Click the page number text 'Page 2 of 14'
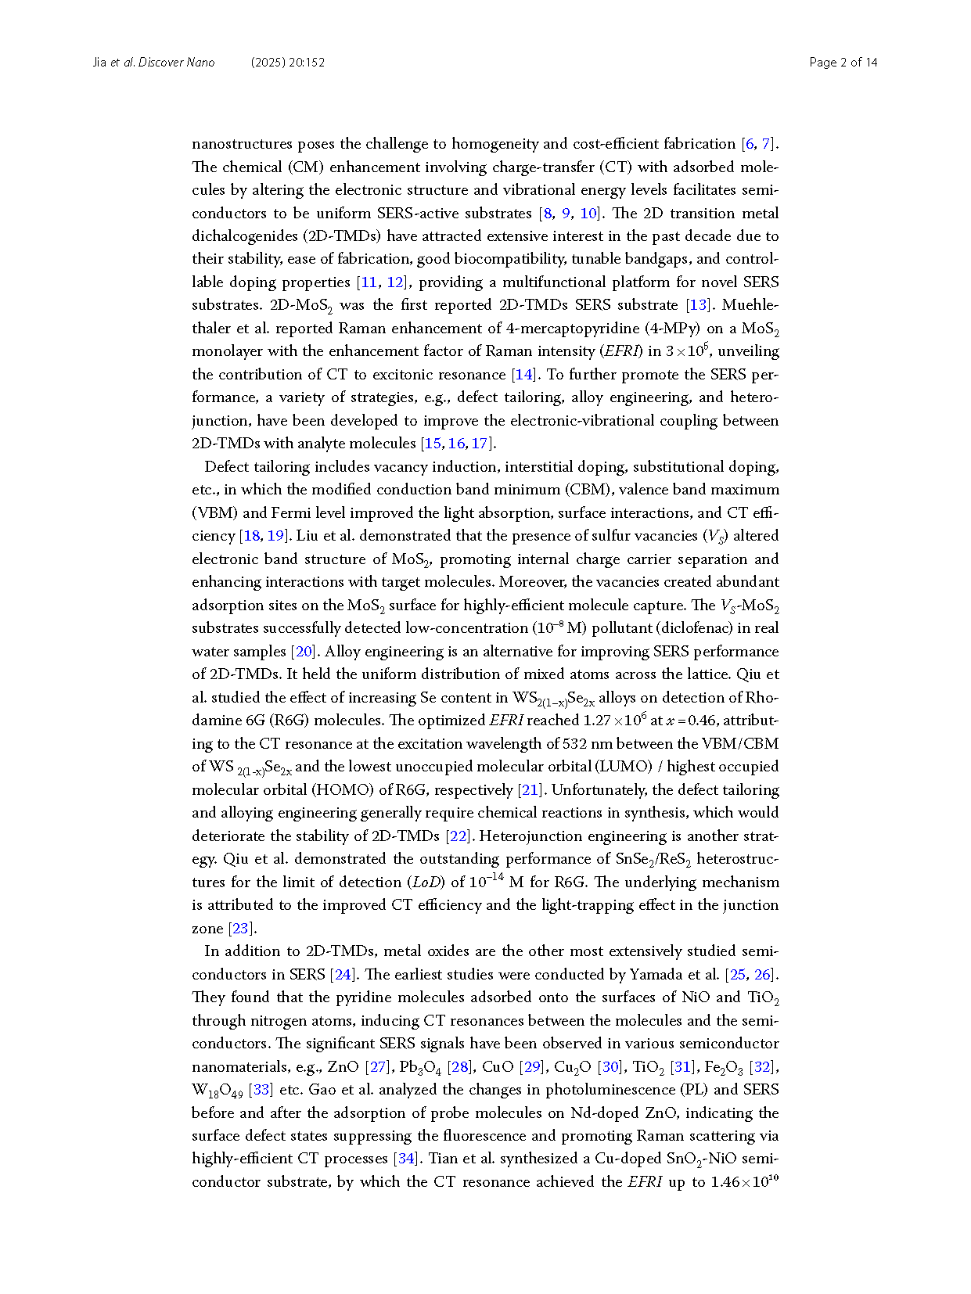pyautogui.click(x=843, y=63)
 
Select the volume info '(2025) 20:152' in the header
pyautogui.click(x=288, y=63)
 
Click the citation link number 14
pyautogui.click(x=523, y=375)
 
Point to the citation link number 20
pyautogui.click(x=303, y=652)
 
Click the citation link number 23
pyautogui.click(x=239, y=929)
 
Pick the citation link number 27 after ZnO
pyautogui.click(x=378, y=1067)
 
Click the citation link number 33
pyautogui.click(x=261, y=1090)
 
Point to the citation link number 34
pyautogui.click(x=406, y=1159)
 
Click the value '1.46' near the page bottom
pyautogui.click(x=725, y=1182)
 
